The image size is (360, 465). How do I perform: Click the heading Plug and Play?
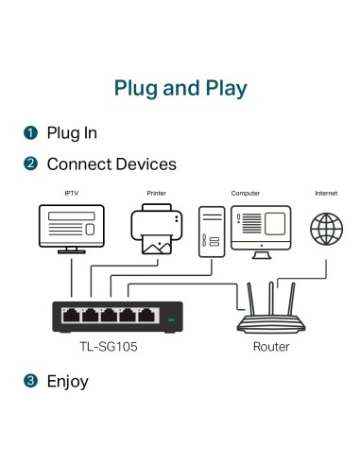[x=180, y=89]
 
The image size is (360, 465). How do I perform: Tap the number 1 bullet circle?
[x=30, y=133]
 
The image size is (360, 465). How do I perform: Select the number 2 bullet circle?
[x=30, y=164]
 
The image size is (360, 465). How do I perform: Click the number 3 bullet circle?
[x=30, y=382]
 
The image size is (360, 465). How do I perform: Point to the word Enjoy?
[x=67, y=382]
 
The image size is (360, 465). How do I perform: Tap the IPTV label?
[x=71, y=194]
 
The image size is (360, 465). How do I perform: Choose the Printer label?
[x=157, y=194]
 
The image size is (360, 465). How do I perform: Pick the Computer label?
[x=246, y=194]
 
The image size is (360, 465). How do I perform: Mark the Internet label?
[x=326, y=194]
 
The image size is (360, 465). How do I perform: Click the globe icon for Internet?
[x=326, y=229]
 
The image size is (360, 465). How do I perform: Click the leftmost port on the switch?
[x=71, y=314]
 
